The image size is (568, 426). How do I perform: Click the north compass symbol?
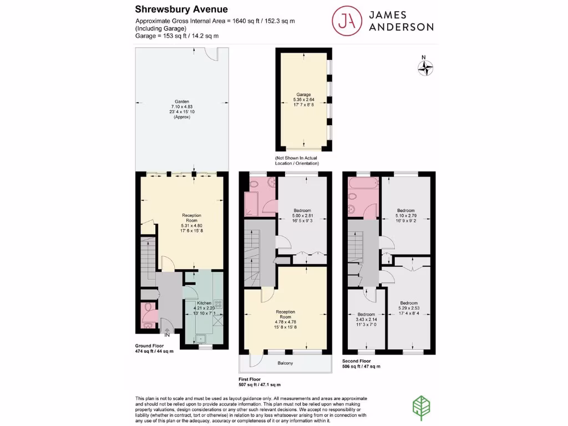[x=425, y=68]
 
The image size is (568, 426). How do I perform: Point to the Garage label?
[x=303, y=95]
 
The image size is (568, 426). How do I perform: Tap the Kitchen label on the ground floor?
[x=204, y=303]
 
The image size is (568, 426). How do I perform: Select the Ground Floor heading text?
[x=150, y=346]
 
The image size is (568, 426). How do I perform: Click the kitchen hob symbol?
[x=218, y=303]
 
